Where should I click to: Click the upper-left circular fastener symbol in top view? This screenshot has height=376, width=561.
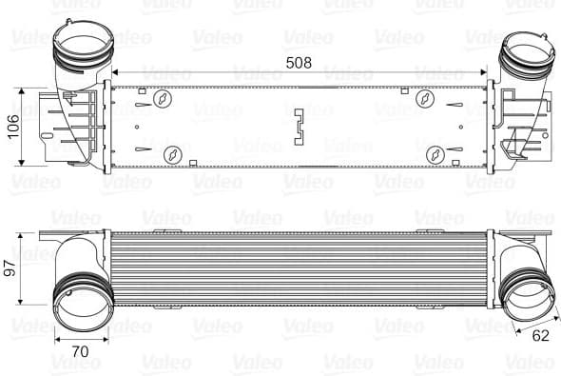pos(164,97)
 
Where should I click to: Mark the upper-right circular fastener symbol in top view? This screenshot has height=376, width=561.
pos(428,96)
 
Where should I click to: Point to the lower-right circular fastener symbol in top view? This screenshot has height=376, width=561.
pos(434,152)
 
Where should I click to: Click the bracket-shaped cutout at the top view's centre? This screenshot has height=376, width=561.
pos(300,125)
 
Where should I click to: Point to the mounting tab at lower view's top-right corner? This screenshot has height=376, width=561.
pos(537,220)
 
